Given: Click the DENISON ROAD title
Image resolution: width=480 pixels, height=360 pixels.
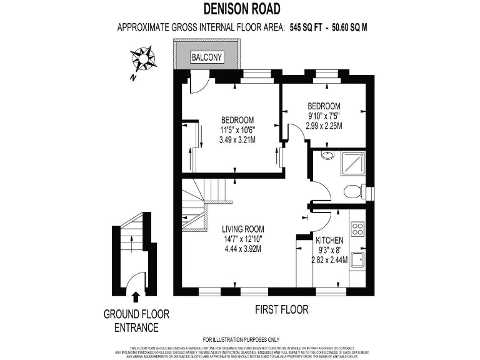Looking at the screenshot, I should [x=241, y=8].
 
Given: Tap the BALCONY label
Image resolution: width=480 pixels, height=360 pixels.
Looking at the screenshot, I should [x=206, y=57].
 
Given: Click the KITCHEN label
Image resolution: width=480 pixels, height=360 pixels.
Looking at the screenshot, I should [x=329, y=241].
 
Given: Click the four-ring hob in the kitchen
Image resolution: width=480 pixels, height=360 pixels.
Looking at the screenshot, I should [x=357, y=229].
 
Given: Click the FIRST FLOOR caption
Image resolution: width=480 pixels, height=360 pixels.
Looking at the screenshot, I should [x=282, y=309].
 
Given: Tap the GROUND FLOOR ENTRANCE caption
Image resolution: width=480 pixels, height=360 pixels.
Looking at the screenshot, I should [x=136, y=321].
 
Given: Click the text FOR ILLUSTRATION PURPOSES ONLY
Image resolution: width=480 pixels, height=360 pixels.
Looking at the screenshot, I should [x=241, y=339].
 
